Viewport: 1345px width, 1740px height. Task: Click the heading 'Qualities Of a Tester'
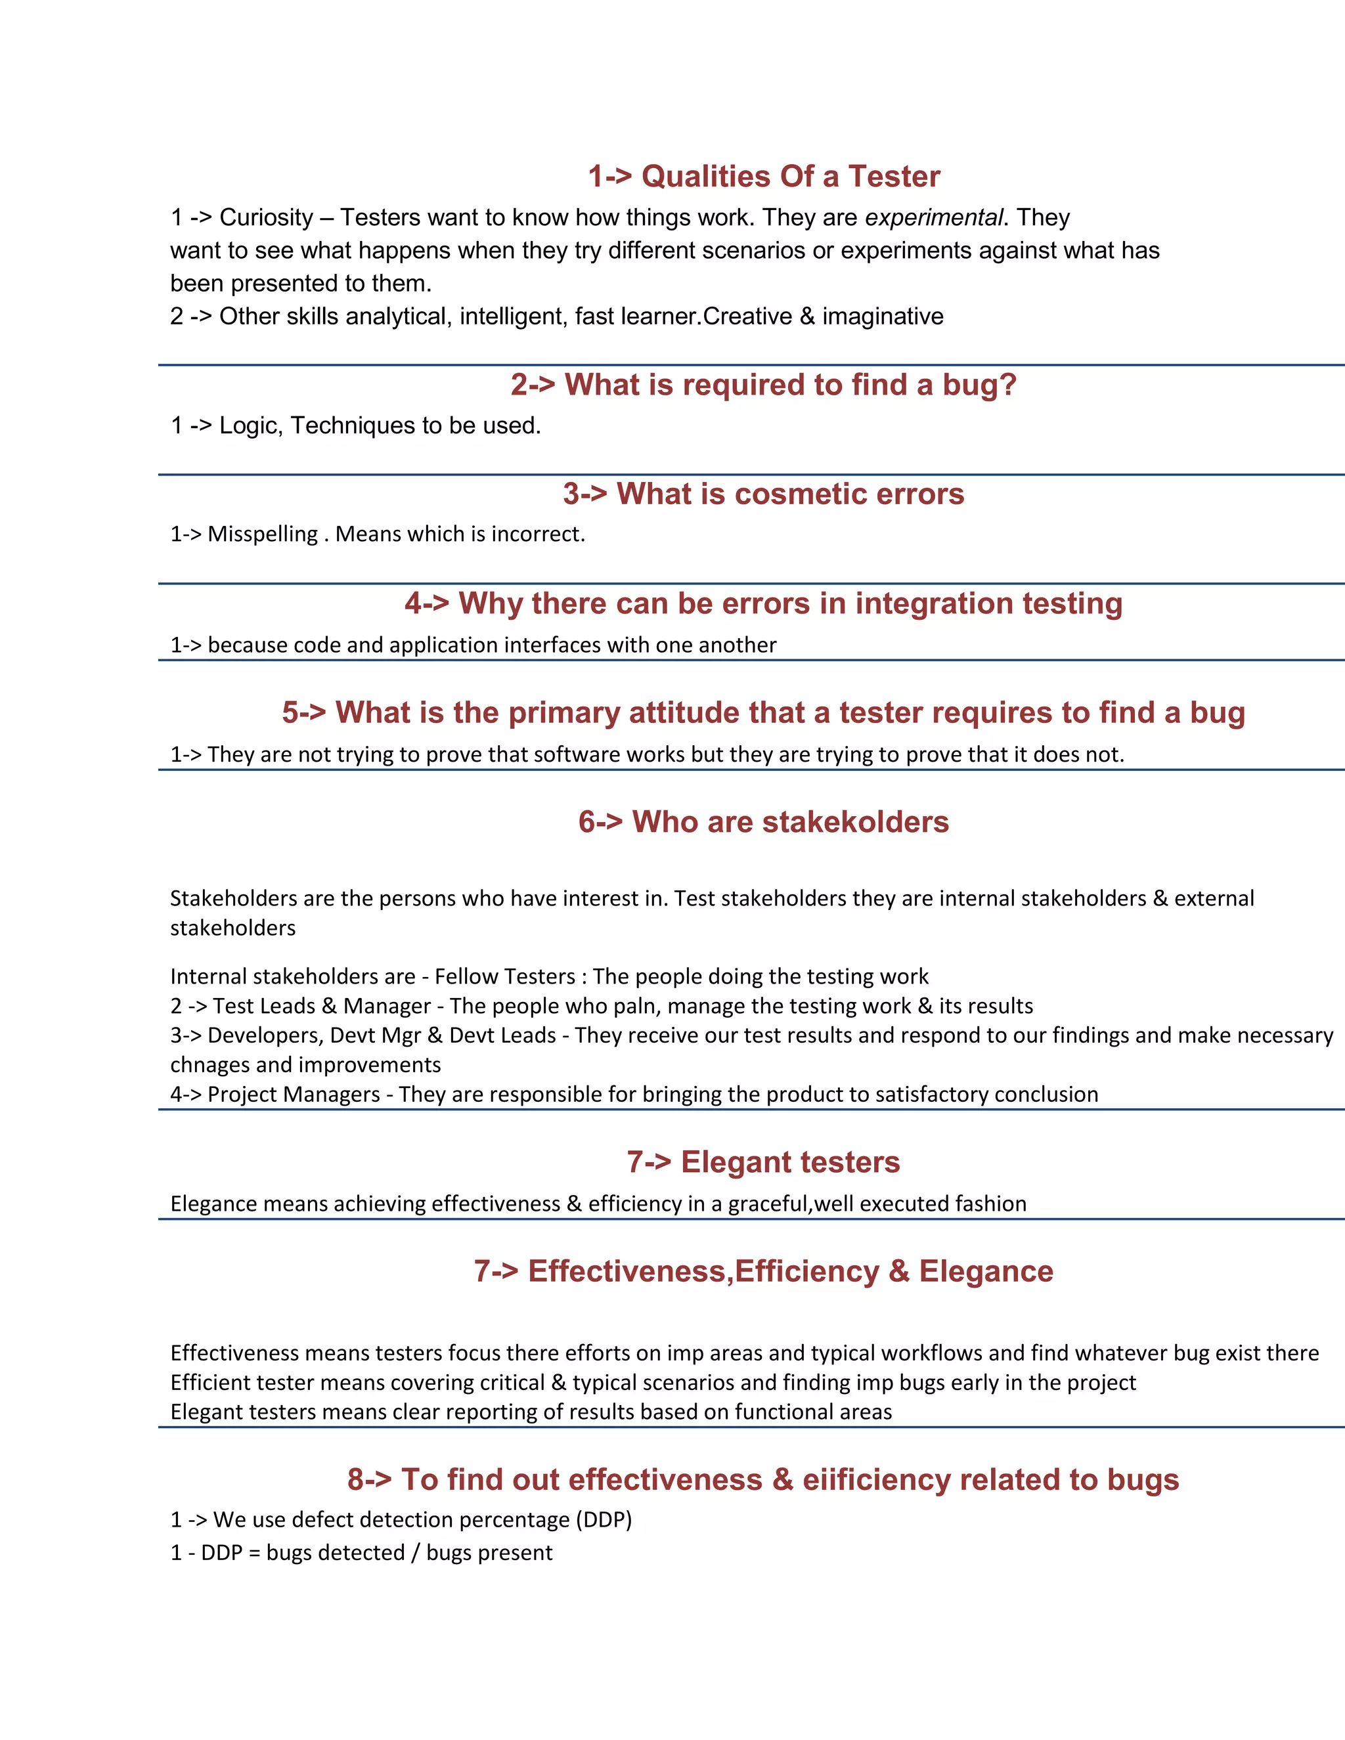coord(763,176)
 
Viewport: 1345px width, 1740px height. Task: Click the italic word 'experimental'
coord(933,217)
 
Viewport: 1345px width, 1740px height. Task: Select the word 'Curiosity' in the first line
coord(266,217)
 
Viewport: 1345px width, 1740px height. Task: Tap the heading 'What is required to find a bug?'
coord(763,385)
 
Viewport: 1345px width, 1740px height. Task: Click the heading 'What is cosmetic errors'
coord(763,494)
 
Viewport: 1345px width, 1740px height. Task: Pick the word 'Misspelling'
coord(262,534)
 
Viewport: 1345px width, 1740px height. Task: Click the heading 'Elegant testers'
coord(763,1162)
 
